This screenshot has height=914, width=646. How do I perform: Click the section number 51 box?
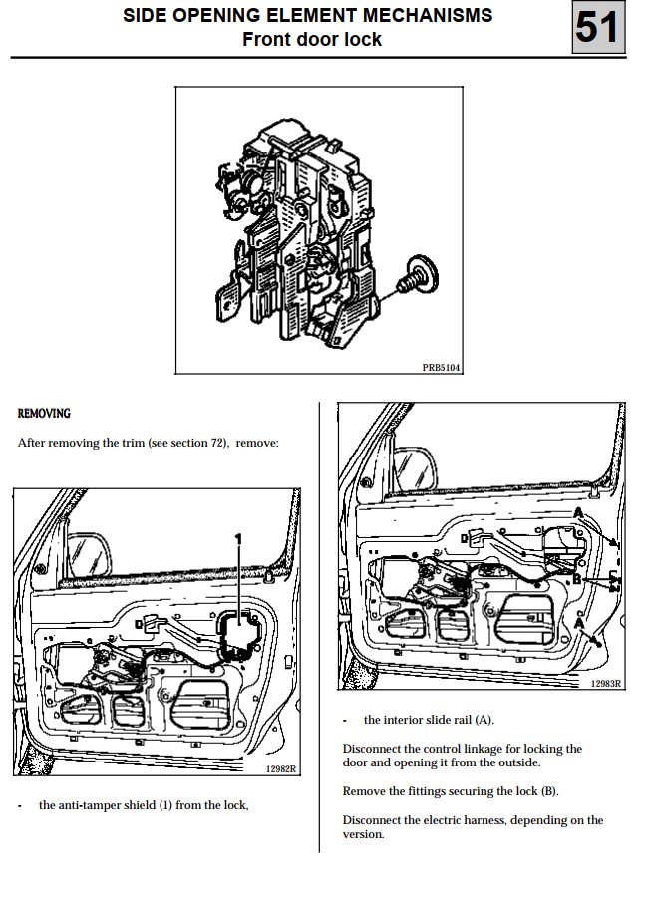598,27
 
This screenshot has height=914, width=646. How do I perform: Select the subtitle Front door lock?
312,40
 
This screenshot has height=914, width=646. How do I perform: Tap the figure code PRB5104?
442,367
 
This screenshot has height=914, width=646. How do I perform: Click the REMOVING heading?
44,413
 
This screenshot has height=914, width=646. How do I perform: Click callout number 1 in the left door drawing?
238,538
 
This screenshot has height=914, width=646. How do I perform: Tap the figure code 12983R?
606,683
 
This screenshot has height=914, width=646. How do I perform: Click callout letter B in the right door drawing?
576,579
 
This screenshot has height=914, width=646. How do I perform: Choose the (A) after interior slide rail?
484,720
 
